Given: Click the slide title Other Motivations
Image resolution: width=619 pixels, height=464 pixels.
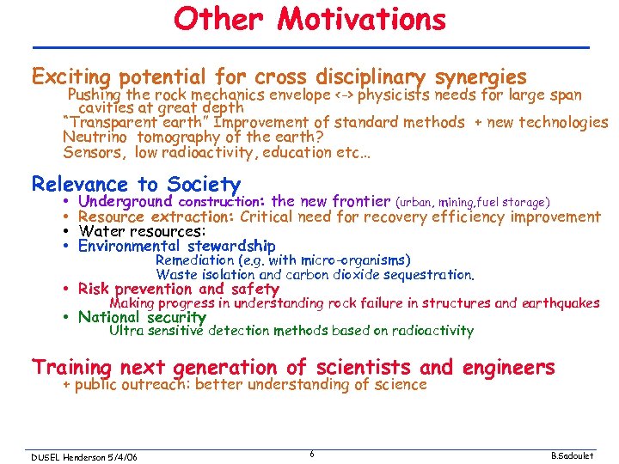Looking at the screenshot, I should pyautogui.click(x=309, y=19).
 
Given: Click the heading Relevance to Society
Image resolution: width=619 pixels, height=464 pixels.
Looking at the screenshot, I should pyautogui.click(x=136, y=184).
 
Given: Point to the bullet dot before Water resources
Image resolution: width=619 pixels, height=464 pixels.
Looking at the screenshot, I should pyautogui.click(x=66, y=232).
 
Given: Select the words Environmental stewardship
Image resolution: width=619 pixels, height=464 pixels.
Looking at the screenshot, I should pyautogui.click(x=176, y=247).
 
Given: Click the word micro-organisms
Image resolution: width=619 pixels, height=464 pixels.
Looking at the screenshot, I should pyautogui.click(x=358, y=260).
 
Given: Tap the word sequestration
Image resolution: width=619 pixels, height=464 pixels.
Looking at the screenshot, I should pyautogui.click(x=432, y=275).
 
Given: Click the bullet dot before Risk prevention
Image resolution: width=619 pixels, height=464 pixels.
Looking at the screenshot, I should pyautogui.click(x=66, y=290).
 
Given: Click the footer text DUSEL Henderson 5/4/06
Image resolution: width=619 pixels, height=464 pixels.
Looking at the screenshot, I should pyautogui.click(x=83, y=455).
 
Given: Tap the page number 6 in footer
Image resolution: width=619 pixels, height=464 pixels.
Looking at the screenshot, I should pyautogui.click(x=310, y=455).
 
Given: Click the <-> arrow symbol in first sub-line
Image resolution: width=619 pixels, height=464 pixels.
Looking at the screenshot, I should pyautogui.click(x=344, y=95).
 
